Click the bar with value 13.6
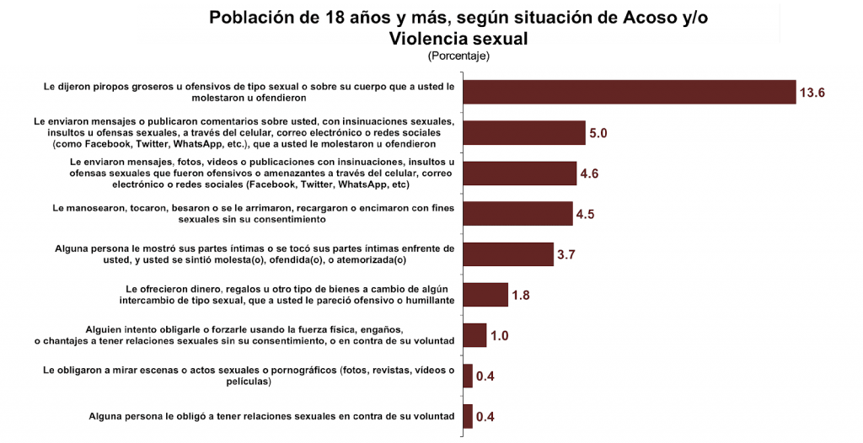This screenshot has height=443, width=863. tap(630, 92)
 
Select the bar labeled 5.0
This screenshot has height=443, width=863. tap(524, 133)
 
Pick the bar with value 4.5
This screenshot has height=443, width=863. tap(518, 213)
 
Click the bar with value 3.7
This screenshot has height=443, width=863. tap(508, 254)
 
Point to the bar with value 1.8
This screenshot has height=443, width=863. tap(485, 295)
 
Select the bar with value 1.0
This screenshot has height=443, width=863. tap(474, 335)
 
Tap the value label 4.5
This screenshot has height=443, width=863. tap(586, 214)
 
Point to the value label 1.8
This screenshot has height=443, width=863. tap(520, 296)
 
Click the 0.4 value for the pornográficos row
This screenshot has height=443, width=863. tap(485, 376)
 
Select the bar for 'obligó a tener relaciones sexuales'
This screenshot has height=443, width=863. tap(468, 416)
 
